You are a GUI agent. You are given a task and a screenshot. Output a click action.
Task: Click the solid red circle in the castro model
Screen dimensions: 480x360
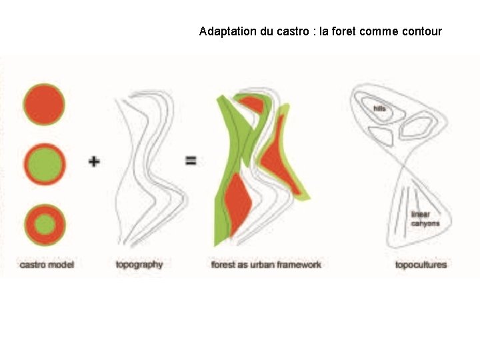pos(44,105)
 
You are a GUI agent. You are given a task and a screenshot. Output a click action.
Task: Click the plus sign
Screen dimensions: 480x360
pos(94,161)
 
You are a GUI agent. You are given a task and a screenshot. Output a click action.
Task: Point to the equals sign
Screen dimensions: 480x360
pos(191,160)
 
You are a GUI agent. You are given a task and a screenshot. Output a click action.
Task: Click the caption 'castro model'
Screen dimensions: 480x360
pos(47,265)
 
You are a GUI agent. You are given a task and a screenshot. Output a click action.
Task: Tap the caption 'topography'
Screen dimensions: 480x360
pos(139,265)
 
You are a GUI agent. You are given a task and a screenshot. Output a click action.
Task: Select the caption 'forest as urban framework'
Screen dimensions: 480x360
pos(266,265)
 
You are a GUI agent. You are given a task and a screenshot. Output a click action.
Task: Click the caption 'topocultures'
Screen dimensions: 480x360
pos(421,265)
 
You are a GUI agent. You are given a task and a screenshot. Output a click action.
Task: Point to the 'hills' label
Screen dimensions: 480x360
pos(380,108)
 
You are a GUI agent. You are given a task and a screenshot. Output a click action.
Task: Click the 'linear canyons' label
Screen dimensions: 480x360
pos(425,219)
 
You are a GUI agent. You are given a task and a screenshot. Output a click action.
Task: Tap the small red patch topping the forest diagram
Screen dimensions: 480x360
pos(251,104)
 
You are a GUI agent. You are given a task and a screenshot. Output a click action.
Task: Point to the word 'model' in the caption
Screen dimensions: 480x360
pos(61,265)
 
